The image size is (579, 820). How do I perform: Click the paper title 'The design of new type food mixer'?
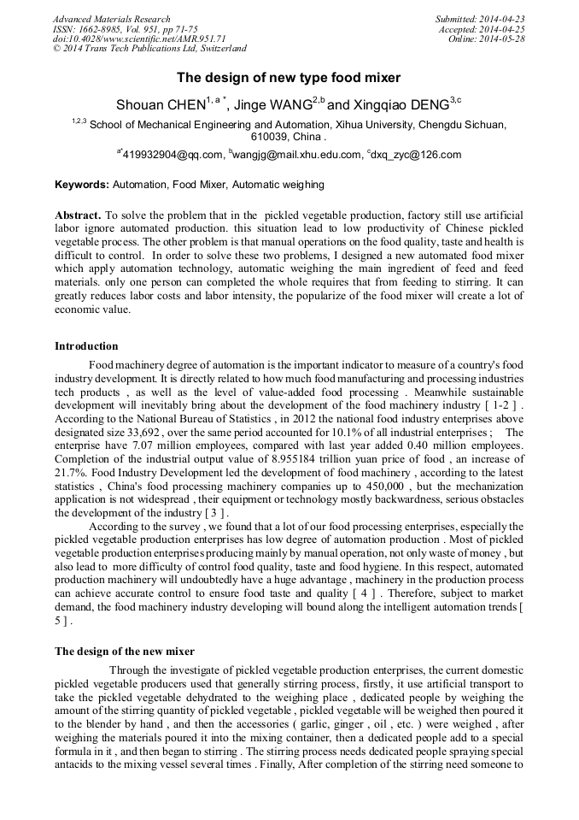pos(289,78)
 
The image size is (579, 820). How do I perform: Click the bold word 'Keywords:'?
pos(82,185)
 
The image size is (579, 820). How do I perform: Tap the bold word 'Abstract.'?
pos(78,215)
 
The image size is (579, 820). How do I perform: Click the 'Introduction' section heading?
pos(86,346)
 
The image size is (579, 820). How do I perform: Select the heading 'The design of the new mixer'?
pos(125,651)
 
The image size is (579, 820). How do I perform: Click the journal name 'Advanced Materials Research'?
pos(111,19)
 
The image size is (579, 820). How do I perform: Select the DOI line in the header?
pos(138,39)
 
